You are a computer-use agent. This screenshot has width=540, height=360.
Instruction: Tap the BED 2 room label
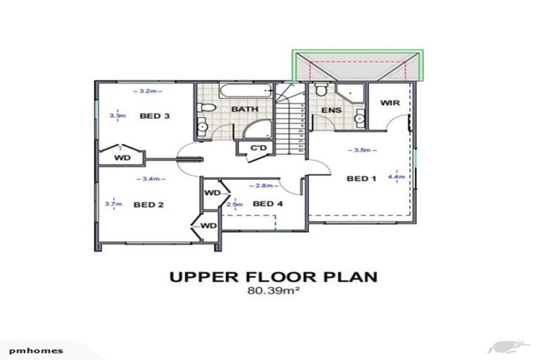pyautogui.click(x=148, y=205)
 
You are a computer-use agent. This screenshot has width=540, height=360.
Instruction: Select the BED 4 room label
pyautogui.click(x=267, y=204)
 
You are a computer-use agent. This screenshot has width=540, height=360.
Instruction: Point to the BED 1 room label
pyautogui.click(x=361, y=179)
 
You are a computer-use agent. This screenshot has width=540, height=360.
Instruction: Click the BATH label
pyautogui.click(x=244, y=110)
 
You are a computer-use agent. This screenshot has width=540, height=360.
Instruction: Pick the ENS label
pyautogui.click(x=331, y=110)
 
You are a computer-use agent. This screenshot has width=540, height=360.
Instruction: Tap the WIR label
pyautogui.click(x=390, y=103)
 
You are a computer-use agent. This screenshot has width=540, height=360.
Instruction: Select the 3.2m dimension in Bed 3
pyautogui.click(x=147, y=91)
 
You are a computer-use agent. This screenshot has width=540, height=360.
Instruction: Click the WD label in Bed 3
pyautogui.click(x=122, y=157)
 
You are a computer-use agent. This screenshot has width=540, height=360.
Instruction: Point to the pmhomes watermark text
pyautogui.click(x=32, y=349)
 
